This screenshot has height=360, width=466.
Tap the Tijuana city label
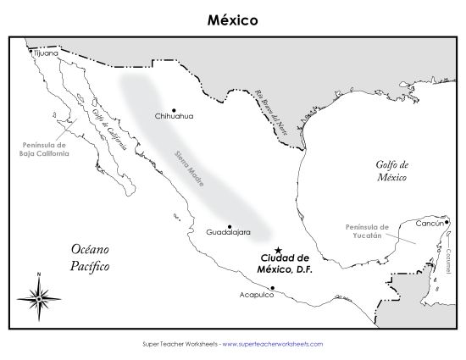pyautogui.click(x=47, y=53)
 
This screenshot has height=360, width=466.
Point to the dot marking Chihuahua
pyautogui.click(x=174, y=109)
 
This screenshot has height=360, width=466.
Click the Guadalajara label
pyautogui.click(x=227, y=230)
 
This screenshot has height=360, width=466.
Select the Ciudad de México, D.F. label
pyautogui.click(x=286, y=263)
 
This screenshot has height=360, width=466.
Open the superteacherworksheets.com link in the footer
pyautogui.click(x=274, y=344)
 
